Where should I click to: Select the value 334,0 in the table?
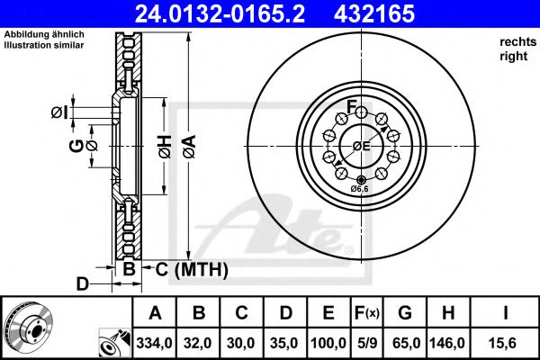click(x=155, y=343)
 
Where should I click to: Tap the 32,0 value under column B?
click(x=198, y=343)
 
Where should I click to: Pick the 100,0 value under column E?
click(x=328, y=343)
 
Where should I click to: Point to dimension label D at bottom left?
click(x=82, y=285)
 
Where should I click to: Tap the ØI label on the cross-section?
click(x=58, y=112)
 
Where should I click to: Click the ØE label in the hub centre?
click(x=360, y=146)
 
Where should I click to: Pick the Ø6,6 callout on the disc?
click(x=360, y=189)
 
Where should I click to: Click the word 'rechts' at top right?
click(x=513, y=42)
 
